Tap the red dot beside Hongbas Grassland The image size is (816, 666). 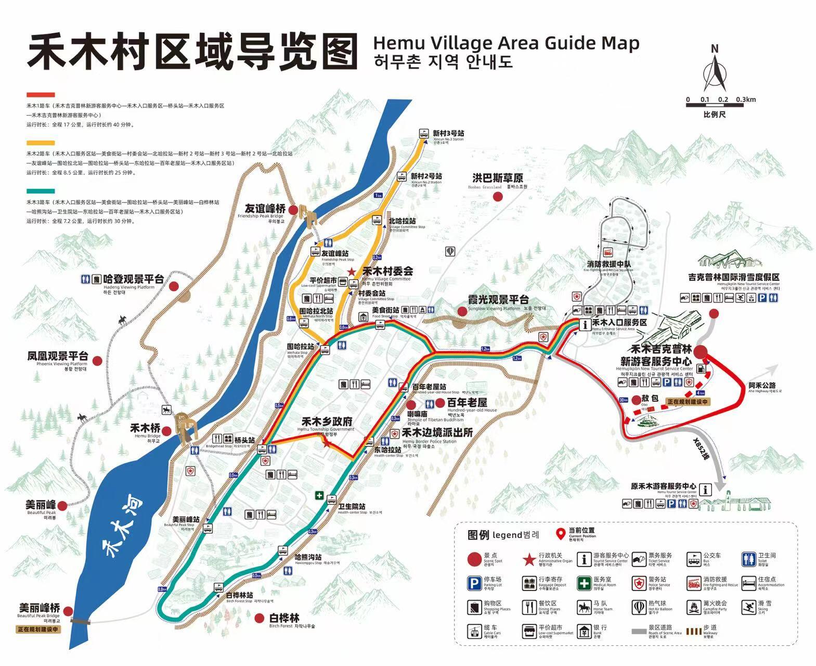[498, 197]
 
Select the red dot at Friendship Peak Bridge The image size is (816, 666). [293, 210]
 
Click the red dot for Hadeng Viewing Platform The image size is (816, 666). [174, 286]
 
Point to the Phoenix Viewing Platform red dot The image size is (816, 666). [97, 360]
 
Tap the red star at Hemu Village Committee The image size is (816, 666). [352, 272]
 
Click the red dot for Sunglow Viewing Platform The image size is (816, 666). [462, 311]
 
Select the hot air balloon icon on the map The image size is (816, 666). [450, 252]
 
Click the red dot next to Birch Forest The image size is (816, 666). [260, 618]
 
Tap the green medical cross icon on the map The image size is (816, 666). [318, 495]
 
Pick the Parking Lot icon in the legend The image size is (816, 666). [474, 583]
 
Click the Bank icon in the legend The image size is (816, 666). [584, 631]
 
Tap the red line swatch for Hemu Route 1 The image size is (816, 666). [41, 95]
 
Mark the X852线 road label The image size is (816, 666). [701, 449]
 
